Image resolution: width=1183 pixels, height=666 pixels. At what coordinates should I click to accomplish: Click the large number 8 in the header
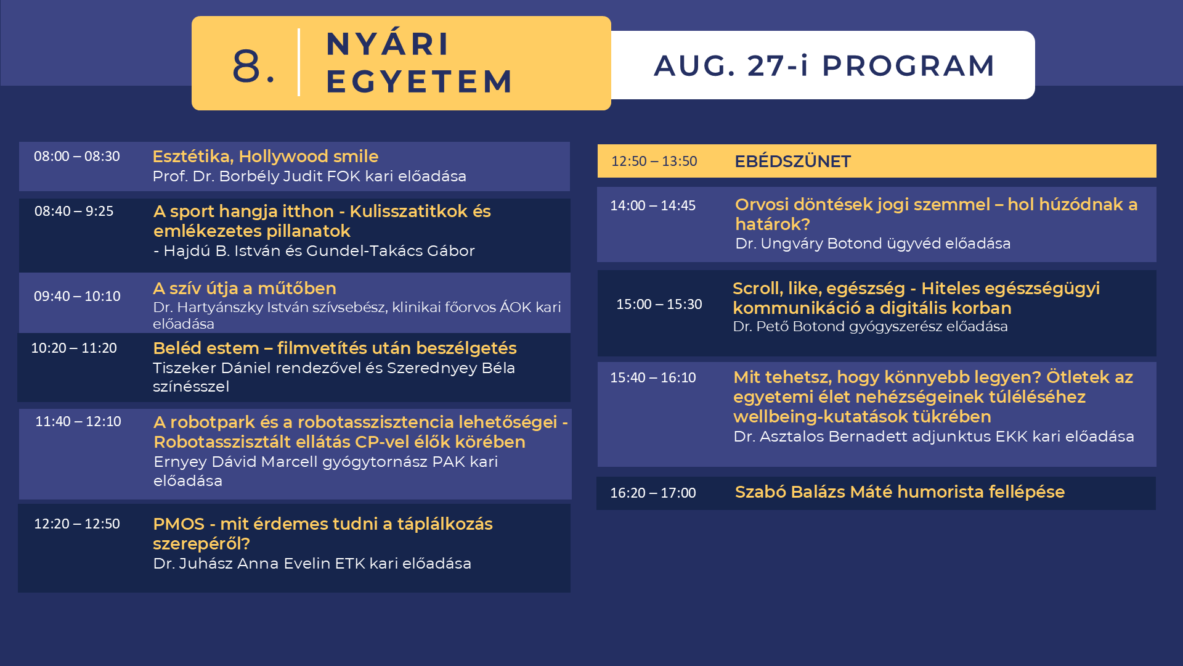(x=246, y=65)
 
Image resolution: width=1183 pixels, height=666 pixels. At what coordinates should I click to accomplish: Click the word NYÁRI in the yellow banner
(x=388, y=44)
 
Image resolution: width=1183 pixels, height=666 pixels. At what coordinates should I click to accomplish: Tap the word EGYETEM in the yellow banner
(x=419, y=81)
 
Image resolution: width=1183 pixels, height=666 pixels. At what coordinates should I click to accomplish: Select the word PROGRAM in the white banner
(x=908, y=66)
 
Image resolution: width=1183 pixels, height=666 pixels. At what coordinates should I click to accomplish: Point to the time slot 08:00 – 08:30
(x=77, y=156)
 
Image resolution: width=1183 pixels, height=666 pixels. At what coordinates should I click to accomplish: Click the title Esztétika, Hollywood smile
(x=266, y=157)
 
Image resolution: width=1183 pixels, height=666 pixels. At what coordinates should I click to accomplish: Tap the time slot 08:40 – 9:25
(x=74, y=211)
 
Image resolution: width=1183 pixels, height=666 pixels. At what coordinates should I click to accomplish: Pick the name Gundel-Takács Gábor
(x=391, y=251)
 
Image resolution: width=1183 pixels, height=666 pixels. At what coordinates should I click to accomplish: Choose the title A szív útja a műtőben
(x=245, y=288)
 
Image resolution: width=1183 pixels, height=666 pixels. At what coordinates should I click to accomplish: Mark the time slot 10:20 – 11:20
(x=74, y=348)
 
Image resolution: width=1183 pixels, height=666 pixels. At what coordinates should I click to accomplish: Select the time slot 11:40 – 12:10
(x=78, y=421)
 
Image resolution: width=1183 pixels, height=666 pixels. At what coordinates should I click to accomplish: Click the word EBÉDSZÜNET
(x=792, y=162)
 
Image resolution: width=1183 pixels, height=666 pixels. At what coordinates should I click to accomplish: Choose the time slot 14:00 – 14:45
(x=653, y=205)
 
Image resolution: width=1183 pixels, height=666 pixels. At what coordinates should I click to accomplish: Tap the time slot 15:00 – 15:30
(x=659, y=304)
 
